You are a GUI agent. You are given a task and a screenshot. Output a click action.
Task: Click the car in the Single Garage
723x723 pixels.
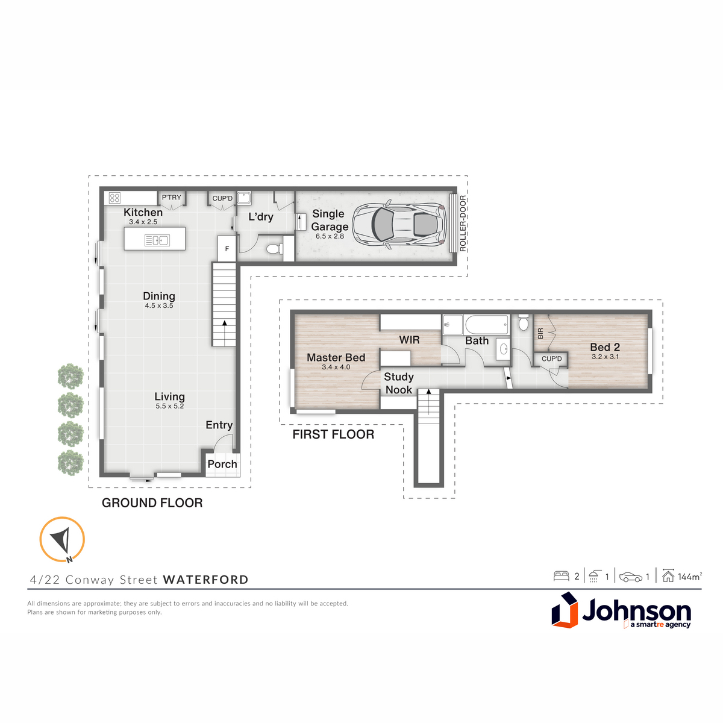click(399, 225)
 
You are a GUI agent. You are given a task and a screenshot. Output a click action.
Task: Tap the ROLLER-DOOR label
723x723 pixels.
click(463, 224)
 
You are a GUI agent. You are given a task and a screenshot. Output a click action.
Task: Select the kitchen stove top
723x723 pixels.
click(114, 198)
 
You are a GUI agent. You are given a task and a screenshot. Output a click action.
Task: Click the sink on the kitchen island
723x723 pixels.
click(157, 240)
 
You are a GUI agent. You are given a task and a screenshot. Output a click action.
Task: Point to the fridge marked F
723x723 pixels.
click(227, 249)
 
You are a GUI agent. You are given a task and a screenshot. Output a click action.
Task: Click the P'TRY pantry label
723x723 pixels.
click(172, 198)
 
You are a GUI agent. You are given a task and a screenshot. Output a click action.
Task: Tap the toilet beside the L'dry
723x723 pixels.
click(275, 248)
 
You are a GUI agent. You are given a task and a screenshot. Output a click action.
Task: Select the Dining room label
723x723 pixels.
click(159, 296)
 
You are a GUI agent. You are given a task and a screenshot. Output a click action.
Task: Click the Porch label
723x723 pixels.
click(222, 464)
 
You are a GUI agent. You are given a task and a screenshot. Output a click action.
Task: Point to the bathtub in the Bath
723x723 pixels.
click(487, 325)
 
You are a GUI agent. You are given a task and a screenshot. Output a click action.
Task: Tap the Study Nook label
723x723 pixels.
click(399, 383)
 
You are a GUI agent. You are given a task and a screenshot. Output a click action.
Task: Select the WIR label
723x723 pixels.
click(409, 340)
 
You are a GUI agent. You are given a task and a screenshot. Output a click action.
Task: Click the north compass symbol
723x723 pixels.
click(62, 540)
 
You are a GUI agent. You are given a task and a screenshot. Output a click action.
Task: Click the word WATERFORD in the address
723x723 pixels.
click(205, 580)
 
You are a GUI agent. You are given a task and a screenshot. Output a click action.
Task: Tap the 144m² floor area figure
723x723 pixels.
click(690, 577)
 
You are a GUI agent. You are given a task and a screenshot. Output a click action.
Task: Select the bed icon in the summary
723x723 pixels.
click(562, 577)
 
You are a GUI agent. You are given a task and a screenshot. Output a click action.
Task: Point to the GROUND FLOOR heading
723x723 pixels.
click(152, 503)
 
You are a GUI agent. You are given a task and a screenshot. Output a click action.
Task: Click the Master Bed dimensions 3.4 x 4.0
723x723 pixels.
click(336, 367)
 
